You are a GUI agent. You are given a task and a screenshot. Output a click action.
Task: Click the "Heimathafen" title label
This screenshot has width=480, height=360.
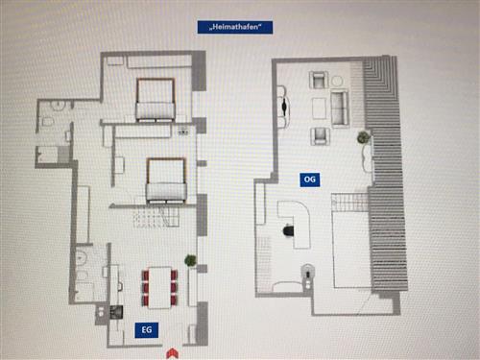[x=235, y=27]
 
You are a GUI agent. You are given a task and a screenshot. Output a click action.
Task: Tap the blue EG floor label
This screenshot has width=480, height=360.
[x=146, y=330]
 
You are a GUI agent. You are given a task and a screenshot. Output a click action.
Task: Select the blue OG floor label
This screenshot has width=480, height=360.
[x=309, y=180]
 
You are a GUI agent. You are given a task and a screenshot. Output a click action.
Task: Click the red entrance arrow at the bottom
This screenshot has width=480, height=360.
[x=172, y=353]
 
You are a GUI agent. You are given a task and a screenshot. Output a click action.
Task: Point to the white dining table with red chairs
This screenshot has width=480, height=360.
[x=159, y=288]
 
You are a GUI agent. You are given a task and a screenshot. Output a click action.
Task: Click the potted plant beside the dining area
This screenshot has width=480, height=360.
[x=190, y=260]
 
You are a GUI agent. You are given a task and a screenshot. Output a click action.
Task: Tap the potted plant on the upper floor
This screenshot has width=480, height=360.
[x=363, y=137]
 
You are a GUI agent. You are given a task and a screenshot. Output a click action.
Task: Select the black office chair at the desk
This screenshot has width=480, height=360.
[x=289, y=230]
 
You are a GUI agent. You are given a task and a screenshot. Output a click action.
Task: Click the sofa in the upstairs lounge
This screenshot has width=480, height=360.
[x=340, y=108]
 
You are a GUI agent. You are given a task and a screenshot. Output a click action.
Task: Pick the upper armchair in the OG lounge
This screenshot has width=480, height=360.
[x=319, y=80]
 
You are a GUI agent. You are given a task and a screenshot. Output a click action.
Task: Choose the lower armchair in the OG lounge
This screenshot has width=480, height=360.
[x=320, y=136]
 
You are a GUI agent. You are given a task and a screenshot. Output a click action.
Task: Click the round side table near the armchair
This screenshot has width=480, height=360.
[x=336, y=81]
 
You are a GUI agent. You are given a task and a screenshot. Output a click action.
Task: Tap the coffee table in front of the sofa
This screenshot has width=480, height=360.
[x=319, y=108]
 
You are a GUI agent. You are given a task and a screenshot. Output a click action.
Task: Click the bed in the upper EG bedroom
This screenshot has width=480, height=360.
[x=156, y=100]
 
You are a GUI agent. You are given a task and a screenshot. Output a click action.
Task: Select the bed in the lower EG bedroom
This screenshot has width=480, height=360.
[x=166, y=180]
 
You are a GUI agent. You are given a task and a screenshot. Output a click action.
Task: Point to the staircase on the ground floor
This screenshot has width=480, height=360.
[x=156, y=217]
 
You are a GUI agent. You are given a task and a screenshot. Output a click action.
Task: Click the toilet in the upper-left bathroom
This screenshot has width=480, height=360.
[x=47, y=122]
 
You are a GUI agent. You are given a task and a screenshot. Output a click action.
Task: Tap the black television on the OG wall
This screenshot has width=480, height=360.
[x=284, y=107]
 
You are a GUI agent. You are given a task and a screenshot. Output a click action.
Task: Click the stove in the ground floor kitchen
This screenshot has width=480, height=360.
[x=116, y=312]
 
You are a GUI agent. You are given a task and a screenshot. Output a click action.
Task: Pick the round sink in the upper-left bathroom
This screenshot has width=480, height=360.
[x=58, y=105]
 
